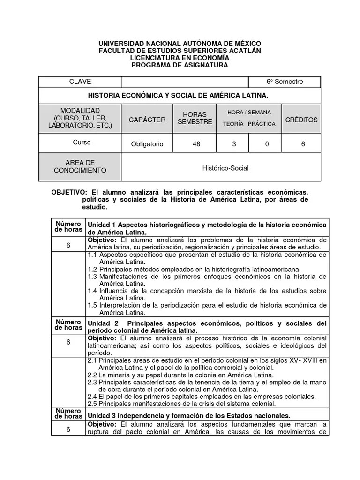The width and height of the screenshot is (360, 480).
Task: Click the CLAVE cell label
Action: coord(80,82)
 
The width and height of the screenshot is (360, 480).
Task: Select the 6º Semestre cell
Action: coord(285,82)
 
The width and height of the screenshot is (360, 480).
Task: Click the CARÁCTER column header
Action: coord(147,120)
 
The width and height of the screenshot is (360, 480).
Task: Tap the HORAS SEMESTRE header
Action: coord(195,118)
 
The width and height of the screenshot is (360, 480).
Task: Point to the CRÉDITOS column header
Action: coord(301,120)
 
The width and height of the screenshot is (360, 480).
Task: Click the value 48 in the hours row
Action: coord(196,144)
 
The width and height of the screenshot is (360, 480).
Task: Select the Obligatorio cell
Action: coord(147,144)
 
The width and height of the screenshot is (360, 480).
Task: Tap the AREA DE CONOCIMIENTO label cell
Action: coord(80,166)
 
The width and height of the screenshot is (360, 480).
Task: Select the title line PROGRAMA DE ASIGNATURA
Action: coord(180,65)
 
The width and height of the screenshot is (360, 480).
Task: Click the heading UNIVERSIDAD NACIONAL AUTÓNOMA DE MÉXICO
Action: coord(180,44)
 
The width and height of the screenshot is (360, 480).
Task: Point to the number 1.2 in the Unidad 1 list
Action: coord(92,270)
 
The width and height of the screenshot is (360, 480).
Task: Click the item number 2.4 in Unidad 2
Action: coord(92,396)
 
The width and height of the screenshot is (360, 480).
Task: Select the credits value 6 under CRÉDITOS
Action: coord(303,144)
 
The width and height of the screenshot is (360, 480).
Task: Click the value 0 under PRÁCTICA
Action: coord(267,144)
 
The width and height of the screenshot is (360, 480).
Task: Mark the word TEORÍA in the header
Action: coord(233,124)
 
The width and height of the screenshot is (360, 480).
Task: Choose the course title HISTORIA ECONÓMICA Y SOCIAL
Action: coord(180,95)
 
